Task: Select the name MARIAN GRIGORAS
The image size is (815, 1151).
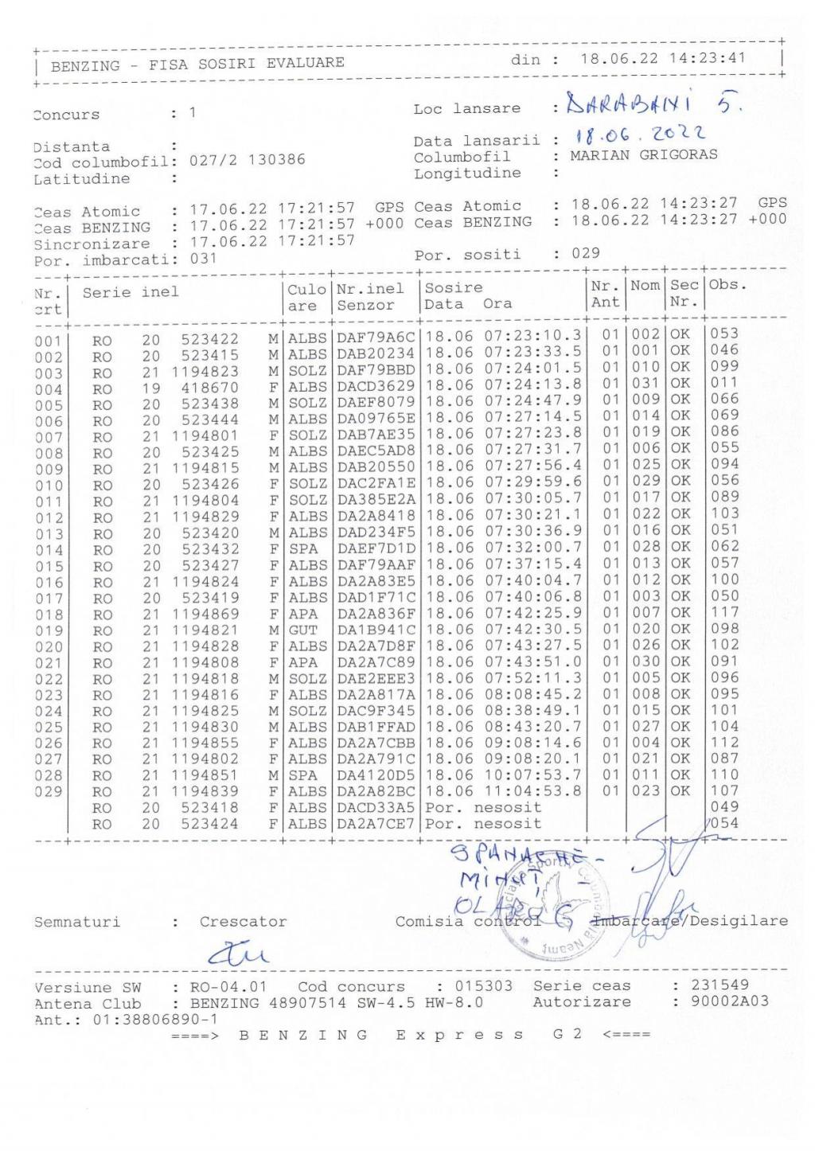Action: [x=643, y=155]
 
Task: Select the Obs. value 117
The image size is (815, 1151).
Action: [x=724, y=612]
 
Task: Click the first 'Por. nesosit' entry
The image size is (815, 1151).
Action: [x=483, y=807]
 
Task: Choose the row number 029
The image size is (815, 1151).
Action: [x=49, y=792]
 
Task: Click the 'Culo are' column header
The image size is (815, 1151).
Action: [x=306, y=297]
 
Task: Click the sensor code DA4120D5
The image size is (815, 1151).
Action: [x=376, y=774]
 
